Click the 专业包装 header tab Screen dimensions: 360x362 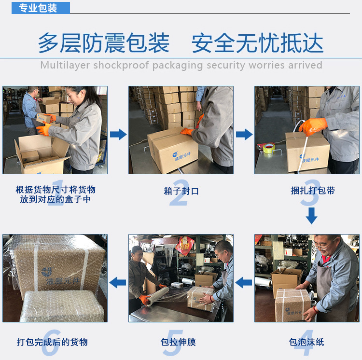tap(41, 8)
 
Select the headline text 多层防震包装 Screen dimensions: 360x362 tap(104, 43)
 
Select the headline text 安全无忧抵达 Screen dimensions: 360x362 tap(257, 43)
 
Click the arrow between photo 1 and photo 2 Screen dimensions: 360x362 tap(118, 134)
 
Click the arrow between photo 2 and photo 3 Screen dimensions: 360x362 tap(244, 134)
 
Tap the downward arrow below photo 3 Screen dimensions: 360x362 tap(312, 216)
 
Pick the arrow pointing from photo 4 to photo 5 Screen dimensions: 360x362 tap(244, 282)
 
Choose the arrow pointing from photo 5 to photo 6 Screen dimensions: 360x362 tap(118, 282)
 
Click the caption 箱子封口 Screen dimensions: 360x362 tap(181, 191)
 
